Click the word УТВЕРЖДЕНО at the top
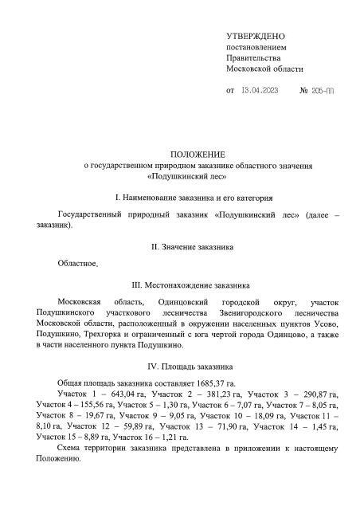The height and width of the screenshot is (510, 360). pyautogui.click(x=256, y=37)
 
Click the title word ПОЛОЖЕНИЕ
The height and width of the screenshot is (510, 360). pyautogui.click(x=198, y=153)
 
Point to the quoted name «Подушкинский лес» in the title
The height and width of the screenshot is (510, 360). pyautogui.click(x=199, y=176)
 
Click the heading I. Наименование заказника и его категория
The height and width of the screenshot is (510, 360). pyautogui.click(x=198, y=196)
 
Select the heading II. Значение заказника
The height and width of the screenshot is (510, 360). pyautogui.click(x=198, y=248)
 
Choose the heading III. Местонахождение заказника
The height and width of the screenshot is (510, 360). pyautogui.click(x=198, y=284)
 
